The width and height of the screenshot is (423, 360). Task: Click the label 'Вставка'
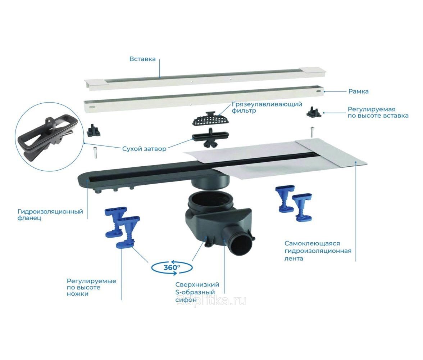click(x=142, y=59)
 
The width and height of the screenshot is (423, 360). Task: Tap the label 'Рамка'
click(x=359, y=91)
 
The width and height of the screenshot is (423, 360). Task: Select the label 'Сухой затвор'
click(x=144, y=149)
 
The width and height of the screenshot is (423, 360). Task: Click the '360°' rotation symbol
click(x=172, y=267)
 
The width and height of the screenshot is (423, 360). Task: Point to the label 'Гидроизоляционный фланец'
click(x=50, y=215)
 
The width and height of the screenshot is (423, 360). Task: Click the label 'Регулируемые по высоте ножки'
click(x=91, y=287)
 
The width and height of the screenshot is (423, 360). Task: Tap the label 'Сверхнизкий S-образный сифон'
click(x=197, y=292)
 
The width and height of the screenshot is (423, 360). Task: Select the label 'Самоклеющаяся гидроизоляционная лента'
click(x=318, y=251)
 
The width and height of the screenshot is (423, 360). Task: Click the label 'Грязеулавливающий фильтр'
click(x=267, y=107)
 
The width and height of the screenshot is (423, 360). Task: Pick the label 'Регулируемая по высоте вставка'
click(x=378, y=112)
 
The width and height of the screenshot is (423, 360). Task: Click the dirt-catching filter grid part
click(x=211, y=119)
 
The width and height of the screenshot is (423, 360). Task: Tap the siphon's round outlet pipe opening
click(x=242, y=244)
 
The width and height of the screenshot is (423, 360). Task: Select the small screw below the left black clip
click(x=95, y=153)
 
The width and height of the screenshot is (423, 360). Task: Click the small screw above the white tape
click(x=312, y=132)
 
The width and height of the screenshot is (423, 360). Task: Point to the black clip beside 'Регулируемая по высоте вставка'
click(x=314, y=111)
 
